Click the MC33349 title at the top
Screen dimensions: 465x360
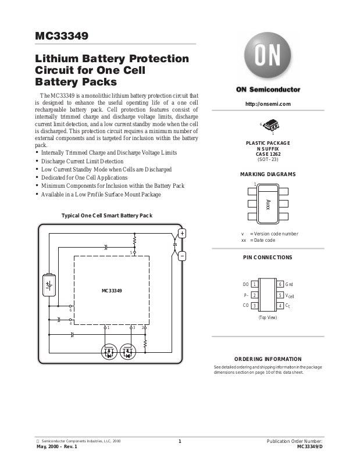point(62,36)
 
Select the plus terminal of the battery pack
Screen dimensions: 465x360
point(181,233)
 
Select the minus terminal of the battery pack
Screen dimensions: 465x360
point(181,256)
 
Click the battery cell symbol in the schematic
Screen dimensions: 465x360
point(49,284)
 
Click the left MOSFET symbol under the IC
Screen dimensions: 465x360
point(109,351)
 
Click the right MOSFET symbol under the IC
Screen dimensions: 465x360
point(127,351)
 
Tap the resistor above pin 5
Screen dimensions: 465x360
point(134,239)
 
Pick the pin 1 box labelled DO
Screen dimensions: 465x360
point(255,284)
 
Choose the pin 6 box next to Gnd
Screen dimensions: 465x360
point(280,284)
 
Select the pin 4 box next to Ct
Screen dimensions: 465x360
point(280,306)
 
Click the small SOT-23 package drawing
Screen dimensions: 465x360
point(270,125)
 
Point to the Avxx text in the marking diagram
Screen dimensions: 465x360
point(268,204)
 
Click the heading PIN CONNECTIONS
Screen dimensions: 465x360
point(268,257)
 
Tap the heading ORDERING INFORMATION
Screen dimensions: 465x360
point(268,359)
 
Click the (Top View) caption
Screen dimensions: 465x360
point(268,317)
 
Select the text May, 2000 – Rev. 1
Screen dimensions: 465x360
point(56,446)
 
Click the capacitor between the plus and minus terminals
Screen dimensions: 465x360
point(175,246)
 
